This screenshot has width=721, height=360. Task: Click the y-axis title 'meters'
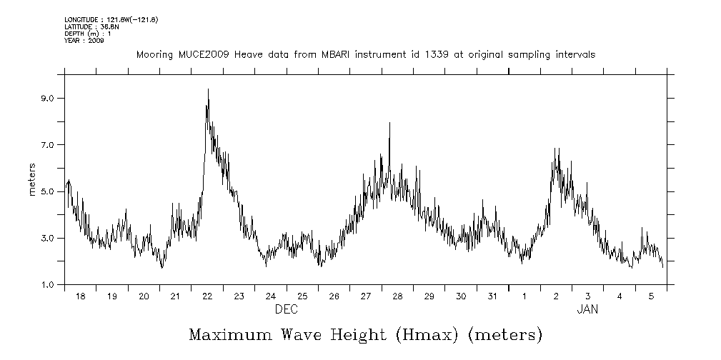[x=33, y=179]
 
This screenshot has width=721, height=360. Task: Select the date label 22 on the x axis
[x=207, y=296]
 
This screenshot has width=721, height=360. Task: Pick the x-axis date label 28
[x=397, y=296]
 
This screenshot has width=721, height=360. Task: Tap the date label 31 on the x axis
[x=492, y=296]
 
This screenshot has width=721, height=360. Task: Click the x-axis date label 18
[x=80, y=296]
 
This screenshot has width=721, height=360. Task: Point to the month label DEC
[x=287, y=309]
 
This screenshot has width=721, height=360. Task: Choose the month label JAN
[x=587, y=309]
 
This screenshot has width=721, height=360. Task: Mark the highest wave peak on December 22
[x=208, y=89]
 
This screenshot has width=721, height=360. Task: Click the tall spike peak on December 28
[x=389, y=123]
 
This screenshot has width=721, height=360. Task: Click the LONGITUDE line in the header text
[x=111, y=19]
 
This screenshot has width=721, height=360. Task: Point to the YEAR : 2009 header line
[x=84, y=41]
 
